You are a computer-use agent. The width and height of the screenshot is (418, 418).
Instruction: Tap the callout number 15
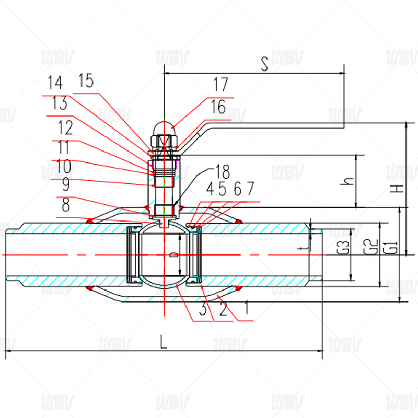click(86, 80)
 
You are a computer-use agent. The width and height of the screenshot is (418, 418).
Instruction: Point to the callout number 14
click(55, 83)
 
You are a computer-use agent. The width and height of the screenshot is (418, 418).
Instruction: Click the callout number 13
click(60, 103)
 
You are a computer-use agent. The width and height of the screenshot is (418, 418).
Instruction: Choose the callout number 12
click(65, 127)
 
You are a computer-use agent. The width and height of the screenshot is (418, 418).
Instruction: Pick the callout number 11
click(63, 148)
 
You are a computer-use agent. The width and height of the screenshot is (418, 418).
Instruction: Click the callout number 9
click(66, 184)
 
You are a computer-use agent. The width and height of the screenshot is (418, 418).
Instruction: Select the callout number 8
click(66, 205)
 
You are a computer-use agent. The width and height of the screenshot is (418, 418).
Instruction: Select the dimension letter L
click(164, 342)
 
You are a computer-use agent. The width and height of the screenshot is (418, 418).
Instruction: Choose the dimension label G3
click(343, 248)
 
